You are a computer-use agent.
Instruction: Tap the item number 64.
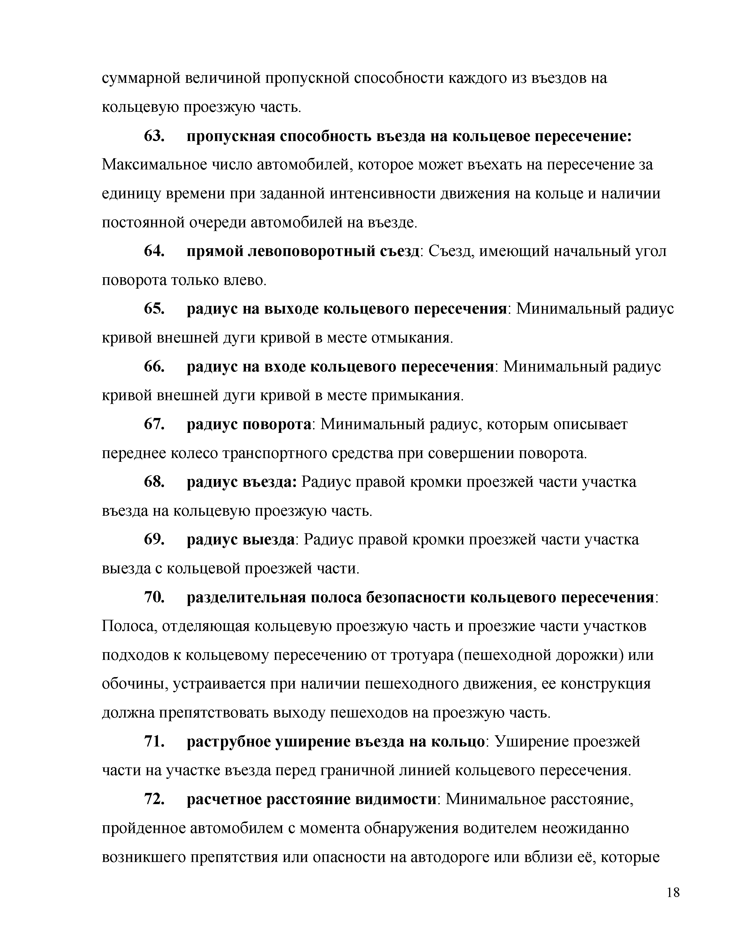[154, 251]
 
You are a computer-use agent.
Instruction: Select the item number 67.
[154, 424]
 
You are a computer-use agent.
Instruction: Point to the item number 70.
[154, 597]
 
